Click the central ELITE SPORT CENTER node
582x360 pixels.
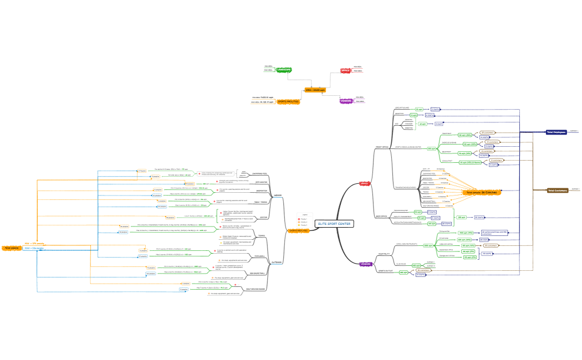[x=334, y=224]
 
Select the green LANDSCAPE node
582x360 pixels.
[x=284, y=70]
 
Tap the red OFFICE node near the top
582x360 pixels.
[x=345, y=71]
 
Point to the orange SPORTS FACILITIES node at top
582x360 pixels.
[x=288, y=101]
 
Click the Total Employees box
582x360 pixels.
[x=556, y=132]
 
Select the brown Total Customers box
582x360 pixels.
[x=557, y=190]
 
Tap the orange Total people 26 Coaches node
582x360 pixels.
[x=481, y=192]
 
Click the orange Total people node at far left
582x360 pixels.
[x=12, y=248]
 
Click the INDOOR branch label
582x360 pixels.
[x=278, y=195]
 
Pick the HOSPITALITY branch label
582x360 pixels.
[x=385, y=254]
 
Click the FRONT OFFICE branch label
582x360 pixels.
[x=381, y=147]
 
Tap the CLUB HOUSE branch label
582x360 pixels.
[x=401, y=264]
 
